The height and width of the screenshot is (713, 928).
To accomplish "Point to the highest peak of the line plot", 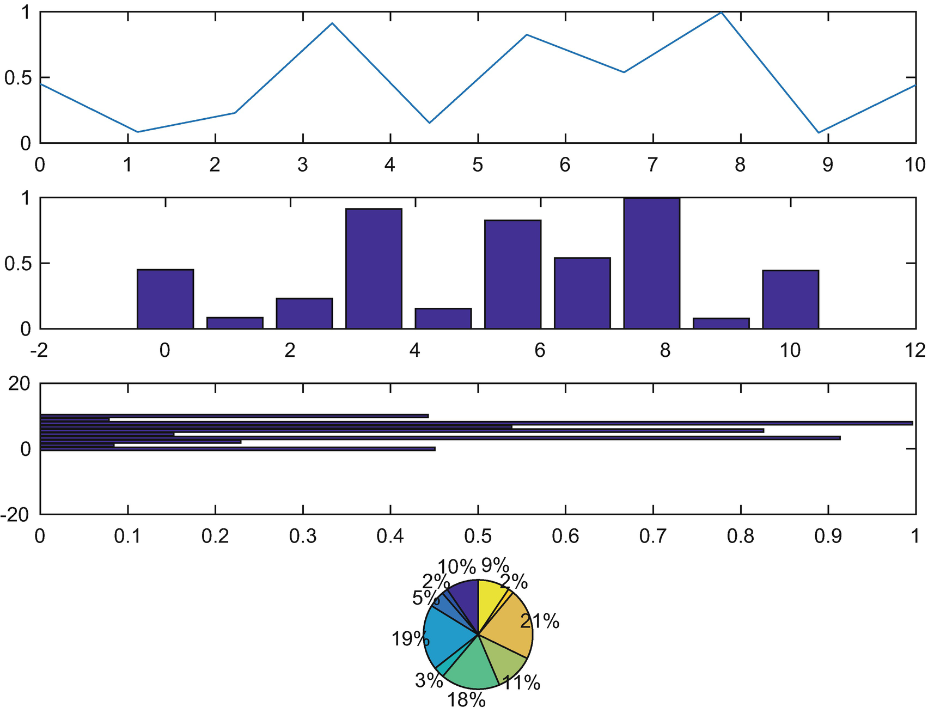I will click(x=721, y=13).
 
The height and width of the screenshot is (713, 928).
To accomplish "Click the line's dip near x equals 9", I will click(x=819, y=132).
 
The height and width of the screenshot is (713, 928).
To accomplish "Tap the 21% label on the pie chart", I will click(x=540, y=621).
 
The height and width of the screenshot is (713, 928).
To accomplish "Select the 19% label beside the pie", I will click(x=410, y=638).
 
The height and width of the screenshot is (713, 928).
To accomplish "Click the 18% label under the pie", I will click(x=466, y=699).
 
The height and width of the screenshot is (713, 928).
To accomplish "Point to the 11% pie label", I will click(x=521, y=682).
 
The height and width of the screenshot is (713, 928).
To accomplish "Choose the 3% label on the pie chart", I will click(x=429, y=680).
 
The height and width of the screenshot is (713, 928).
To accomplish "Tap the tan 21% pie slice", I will click(x=509, y=626).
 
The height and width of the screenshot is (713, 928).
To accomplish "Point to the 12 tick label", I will click(x=915, y=350).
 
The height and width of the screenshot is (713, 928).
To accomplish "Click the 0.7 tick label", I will click(x=652, y=537).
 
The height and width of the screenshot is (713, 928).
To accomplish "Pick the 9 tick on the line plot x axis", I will click(x=827, y=164).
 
